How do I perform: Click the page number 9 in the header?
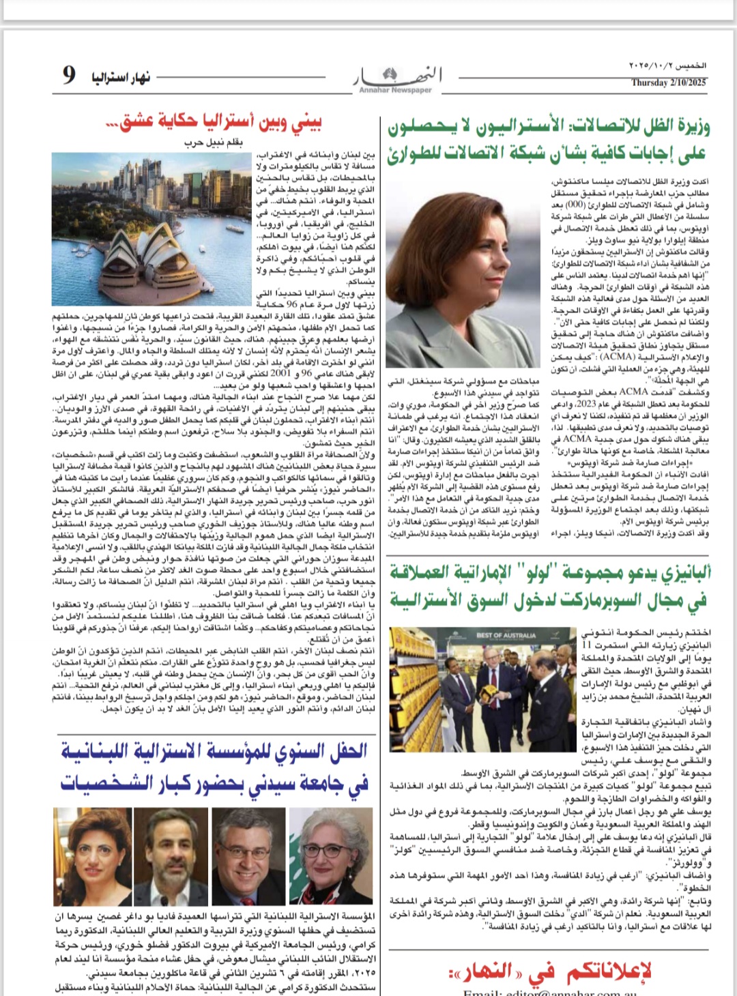click(68, 74)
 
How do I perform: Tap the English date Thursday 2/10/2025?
click(668, 83)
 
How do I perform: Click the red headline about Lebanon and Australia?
click(214, 123)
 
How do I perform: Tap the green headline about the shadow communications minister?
click(549, 140)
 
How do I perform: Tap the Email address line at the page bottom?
click(549, 991)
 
